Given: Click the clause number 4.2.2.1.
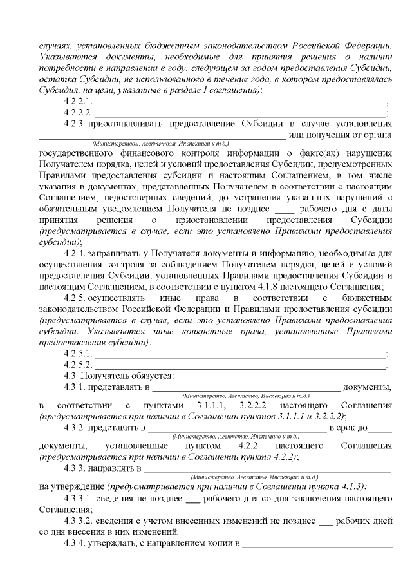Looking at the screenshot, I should click(x=79, y=102).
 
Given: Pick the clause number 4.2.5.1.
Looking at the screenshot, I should click(x=79, y=354).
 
